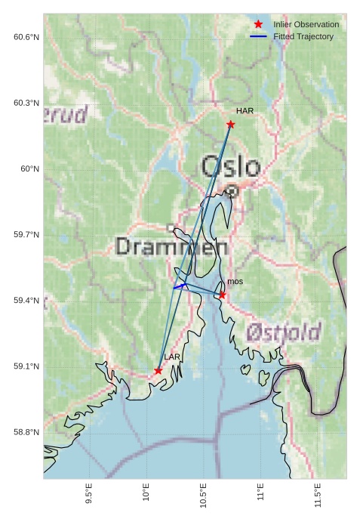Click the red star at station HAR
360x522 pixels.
(230, 124)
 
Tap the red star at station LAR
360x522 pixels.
(158, 370)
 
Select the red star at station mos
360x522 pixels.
(222, 295)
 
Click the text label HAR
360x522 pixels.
(245, 111)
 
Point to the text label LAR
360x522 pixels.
(172, 357)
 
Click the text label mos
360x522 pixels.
(235, 282)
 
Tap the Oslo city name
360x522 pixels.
(230, 167)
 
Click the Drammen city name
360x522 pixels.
(172, 246)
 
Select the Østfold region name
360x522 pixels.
(283, 331)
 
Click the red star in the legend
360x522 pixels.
(258, 24)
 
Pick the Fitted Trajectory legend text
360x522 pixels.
(303, 36)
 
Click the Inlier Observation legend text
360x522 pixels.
(306, 24)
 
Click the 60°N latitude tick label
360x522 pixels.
(30, 168)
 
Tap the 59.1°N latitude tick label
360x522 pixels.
(26, 366)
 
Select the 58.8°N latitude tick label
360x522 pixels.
(26, 432)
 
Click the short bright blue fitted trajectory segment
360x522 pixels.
(180, 286)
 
